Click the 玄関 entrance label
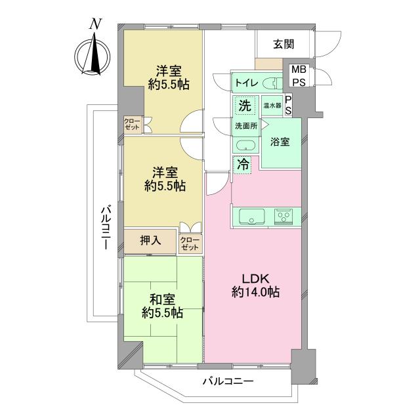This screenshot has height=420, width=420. (x=283, y=45)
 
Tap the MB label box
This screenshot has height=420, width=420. (x=298, y=70)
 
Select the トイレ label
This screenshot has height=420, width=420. (x=247, y=84)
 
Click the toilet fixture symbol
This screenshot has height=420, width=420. (x=274, y=83)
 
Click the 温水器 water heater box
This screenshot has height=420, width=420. (x=272, y=105)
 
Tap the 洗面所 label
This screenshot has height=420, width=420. (x=246, y=125)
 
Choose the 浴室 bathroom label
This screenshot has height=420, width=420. (x=280, y=143)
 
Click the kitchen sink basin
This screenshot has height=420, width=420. (x=252, y=216)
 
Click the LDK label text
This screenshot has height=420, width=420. (x=255, y=276)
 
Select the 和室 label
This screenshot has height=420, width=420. (x=160, y=299)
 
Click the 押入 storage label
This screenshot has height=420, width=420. (x=151, y=241)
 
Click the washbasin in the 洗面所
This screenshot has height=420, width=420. (x=246, y=146)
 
